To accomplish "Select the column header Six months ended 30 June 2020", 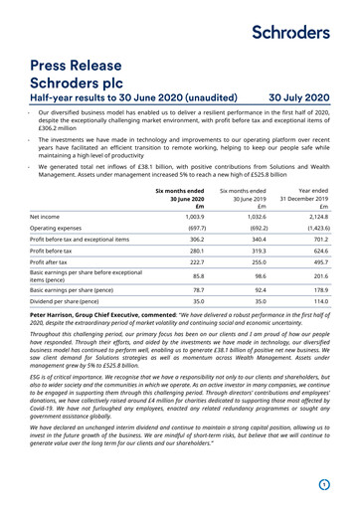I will coord(185,200).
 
